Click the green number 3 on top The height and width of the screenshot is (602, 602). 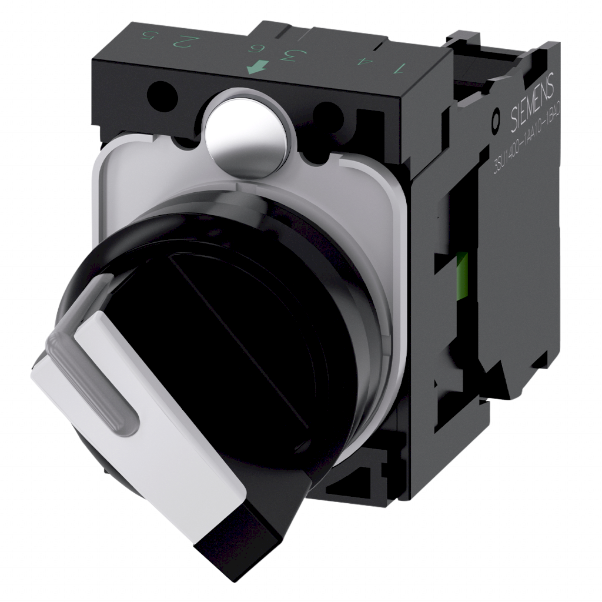pos(290,56)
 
